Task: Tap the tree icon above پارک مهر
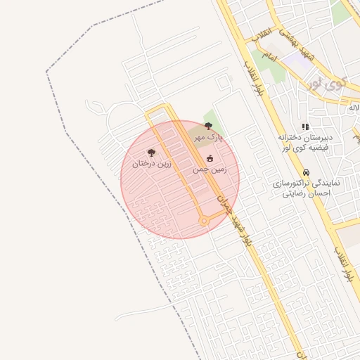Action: click(208, 127)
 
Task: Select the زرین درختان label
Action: click(151, 164)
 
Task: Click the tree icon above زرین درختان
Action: click(151, 152)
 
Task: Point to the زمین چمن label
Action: click(210, 169)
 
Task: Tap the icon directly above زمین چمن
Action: click(210, 158)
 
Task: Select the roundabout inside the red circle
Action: click(204, 221)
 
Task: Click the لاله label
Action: click(353, 108)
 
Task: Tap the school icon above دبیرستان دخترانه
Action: click(305, 127)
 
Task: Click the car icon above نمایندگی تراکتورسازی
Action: click(306, 172)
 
